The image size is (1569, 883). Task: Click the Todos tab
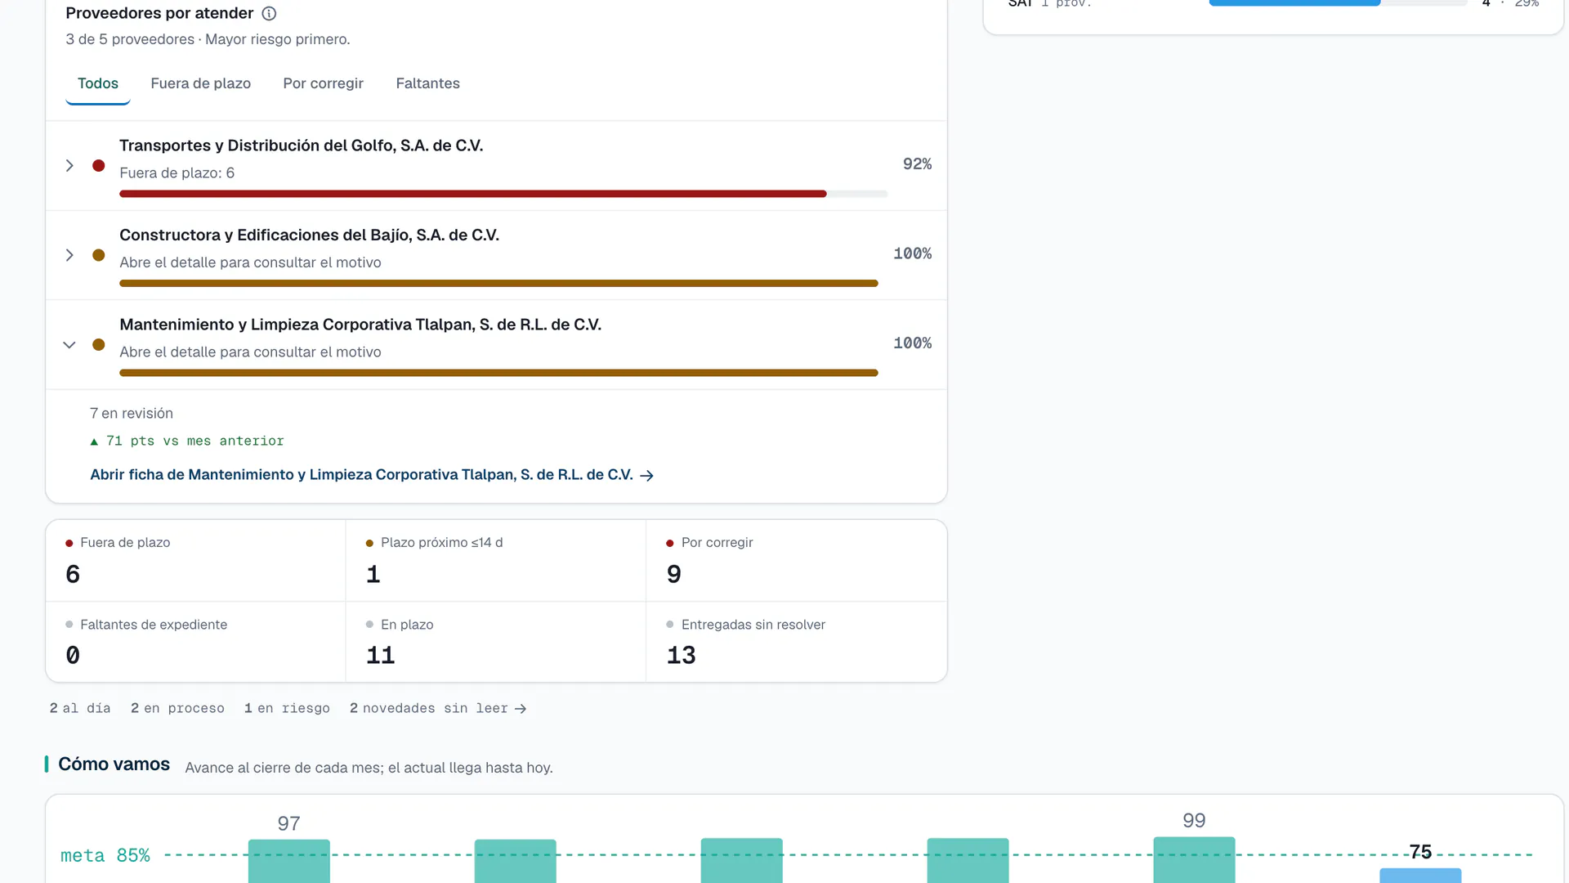[98, 83]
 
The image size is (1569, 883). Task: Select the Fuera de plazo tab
[200, 83]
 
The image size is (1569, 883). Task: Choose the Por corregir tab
[323, 83]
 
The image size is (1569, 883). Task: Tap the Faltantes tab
[427, 83]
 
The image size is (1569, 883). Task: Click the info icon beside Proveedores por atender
[269, 13]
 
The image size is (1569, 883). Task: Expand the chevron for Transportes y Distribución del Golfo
[69, 166]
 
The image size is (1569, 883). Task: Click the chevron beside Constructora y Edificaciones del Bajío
[69, 255]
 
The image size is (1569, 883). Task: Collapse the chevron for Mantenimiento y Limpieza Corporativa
[69, 345]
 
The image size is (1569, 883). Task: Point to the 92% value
[917, 164]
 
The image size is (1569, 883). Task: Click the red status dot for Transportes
[99, 166]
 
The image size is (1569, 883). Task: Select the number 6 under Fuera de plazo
[73, 575]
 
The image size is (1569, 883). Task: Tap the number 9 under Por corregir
[674, 575]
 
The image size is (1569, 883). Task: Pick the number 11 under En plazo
[381, 656]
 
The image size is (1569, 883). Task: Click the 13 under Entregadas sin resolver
[682, 656]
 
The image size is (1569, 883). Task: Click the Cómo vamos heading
[114, 764]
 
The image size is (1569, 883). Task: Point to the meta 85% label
[105, 856]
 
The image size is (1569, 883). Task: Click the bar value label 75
[1420, 852]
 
